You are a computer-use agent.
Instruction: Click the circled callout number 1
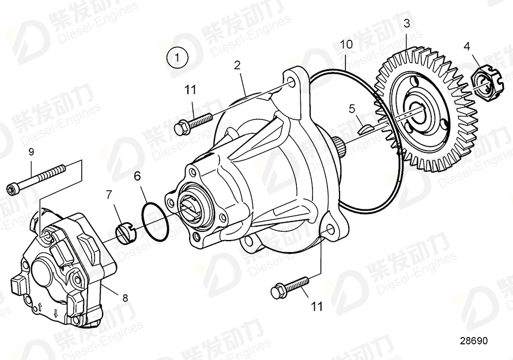178,57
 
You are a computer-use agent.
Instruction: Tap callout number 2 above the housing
237,65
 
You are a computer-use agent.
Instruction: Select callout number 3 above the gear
406,24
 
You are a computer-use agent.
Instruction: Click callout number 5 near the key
352,108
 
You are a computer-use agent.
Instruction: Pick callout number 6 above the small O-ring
137,176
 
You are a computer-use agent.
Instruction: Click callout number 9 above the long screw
32,152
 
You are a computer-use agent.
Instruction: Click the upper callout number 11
190,89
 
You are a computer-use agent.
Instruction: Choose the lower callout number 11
317,306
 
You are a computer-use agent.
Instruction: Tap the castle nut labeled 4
482,82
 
